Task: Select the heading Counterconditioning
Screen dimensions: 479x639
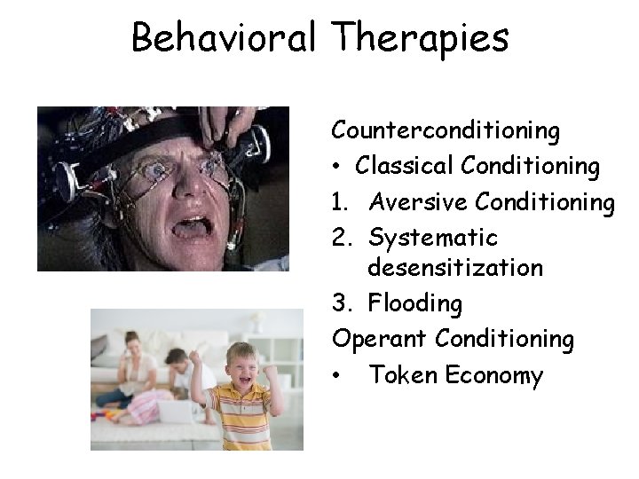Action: tap(446, 131)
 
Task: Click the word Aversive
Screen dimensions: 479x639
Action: tap(419, 202)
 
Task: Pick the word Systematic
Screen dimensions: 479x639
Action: tap(433, 239)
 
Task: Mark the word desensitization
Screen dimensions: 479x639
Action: tap(455, 267)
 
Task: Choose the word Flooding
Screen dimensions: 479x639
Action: tap(415, 304)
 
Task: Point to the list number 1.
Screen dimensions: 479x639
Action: tap(339, 202)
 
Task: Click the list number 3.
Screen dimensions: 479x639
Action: tap(340, 303)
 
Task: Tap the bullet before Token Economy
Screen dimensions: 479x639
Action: tap(338, 376)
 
